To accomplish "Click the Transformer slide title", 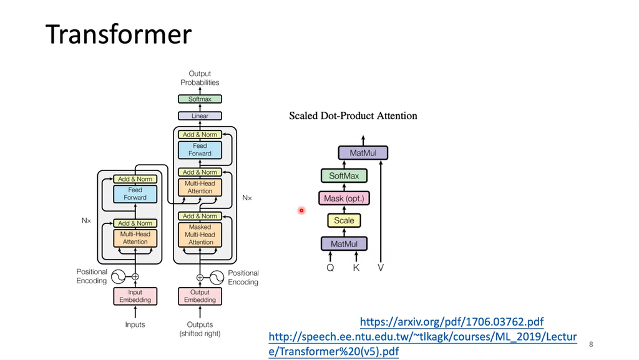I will [x=118, y=35].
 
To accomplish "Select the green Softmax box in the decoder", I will [x=200, y=99].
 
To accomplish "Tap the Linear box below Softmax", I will [x=200, y=116].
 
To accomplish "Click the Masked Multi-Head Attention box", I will [x=200, y=235].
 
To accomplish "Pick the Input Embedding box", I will [x=135, y=296].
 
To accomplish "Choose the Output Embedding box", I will [x=200, y=296].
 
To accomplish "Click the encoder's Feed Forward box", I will [x=135, y=194].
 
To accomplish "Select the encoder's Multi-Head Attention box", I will [x=135, y=238].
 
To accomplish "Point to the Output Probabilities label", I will [x=200, y=78].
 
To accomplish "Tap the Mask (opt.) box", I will [x=344, y=199].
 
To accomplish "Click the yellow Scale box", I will [x=344, y=220].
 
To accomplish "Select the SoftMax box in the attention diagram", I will [x=344, y=176].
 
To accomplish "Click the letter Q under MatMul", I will [x=330, y=268].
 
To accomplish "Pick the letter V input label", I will [x=381, y=268].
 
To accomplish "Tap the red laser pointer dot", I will [x=301, y=211].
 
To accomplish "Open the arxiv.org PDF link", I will [x=452, y=322].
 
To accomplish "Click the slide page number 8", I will [x=591, y=344].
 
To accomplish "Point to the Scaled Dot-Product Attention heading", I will [x=353, y=116].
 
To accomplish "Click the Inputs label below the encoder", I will [x=135, y=324].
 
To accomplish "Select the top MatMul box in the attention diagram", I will [x=363, y=153].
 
